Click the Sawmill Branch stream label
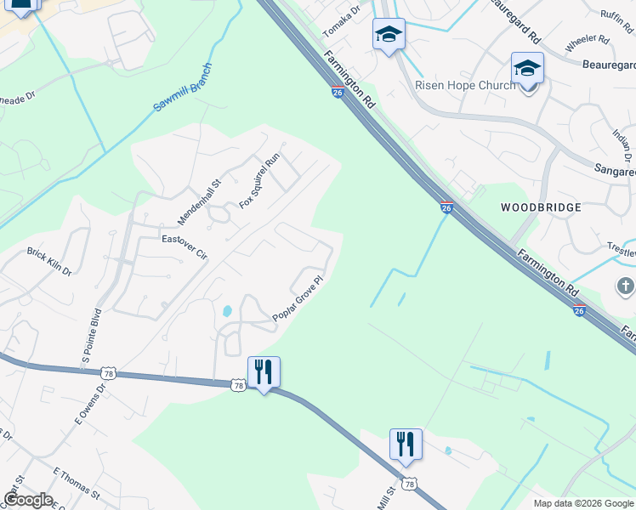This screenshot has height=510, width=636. [x=182, y=88]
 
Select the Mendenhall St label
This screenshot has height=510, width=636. [x=199, y=201]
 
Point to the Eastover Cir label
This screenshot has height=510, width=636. [x=185, y=240]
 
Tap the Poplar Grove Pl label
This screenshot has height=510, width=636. [x=298, y=299]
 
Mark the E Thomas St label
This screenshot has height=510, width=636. [x=77, y=483]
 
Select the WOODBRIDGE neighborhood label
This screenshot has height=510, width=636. [x=541, y=207]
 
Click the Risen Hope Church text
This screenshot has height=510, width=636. [x=464, y=85]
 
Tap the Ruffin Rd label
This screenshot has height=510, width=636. [x=617, y=15]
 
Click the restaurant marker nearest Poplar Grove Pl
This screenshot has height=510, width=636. [x=264, y=371]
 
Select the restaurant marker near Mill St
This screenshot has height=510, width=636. [x=406, y=444]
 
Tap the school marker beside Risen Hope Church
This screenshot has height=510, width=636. [x=527, y=68]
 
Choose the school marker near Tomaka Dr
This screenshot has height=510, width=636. [x=389, y=35]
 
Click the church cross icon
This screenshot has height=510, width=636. [x=626, y=286]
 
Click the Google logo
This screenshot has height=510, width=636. [x=28, y=500]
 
